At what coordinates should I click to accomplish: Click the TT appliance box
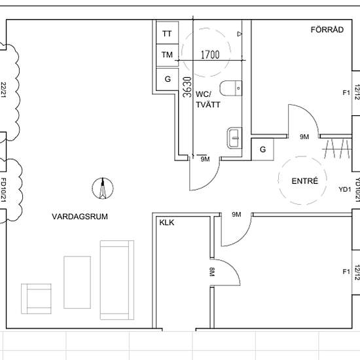tap(167, 33)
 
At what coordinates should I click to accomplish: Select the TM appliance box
tap(167, 56)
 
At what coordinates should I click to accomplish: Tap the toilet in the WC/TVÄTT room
tap(231, 88)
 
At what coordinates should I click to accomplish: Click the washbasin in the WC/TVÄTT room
tap(234, 137)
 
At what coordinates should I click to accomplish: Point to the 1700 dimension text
tap(210, 54)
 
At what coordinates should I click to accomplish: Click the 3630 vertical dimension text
tap(187, 87)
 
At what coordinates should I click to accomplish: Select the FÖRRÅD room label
tap(327, 29)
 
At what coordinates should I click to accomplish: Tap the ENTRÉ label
tap(305, 181)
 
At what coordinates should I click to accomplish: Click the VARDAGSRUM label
tap(80, 217)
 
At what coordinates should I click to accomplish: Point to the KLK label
tap(167, 223)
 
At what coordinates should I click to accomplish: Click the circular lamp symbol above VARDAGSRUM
tap(103, 189)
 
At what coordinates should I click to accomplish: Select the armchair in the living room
tap(36, 298)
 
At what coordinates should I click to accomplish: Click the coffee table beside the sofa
tap(77, 282)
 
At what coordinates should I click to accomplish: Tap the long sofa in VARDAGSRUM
tap(117, 280)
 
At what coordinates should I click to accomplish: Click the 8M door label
tap(212, 272)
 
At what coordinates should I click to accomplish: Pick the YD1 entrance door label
tap(345, 189)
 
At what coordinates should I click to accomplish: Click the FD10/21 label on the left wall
tap(3, 190)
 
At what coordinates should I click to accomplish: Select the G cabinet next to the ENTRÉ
tap(262, 149)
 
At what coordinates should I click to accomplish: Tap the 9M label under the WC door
tap(205, 159)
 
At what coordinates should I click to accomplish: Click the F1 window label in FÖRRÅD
tap(346, 93)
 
